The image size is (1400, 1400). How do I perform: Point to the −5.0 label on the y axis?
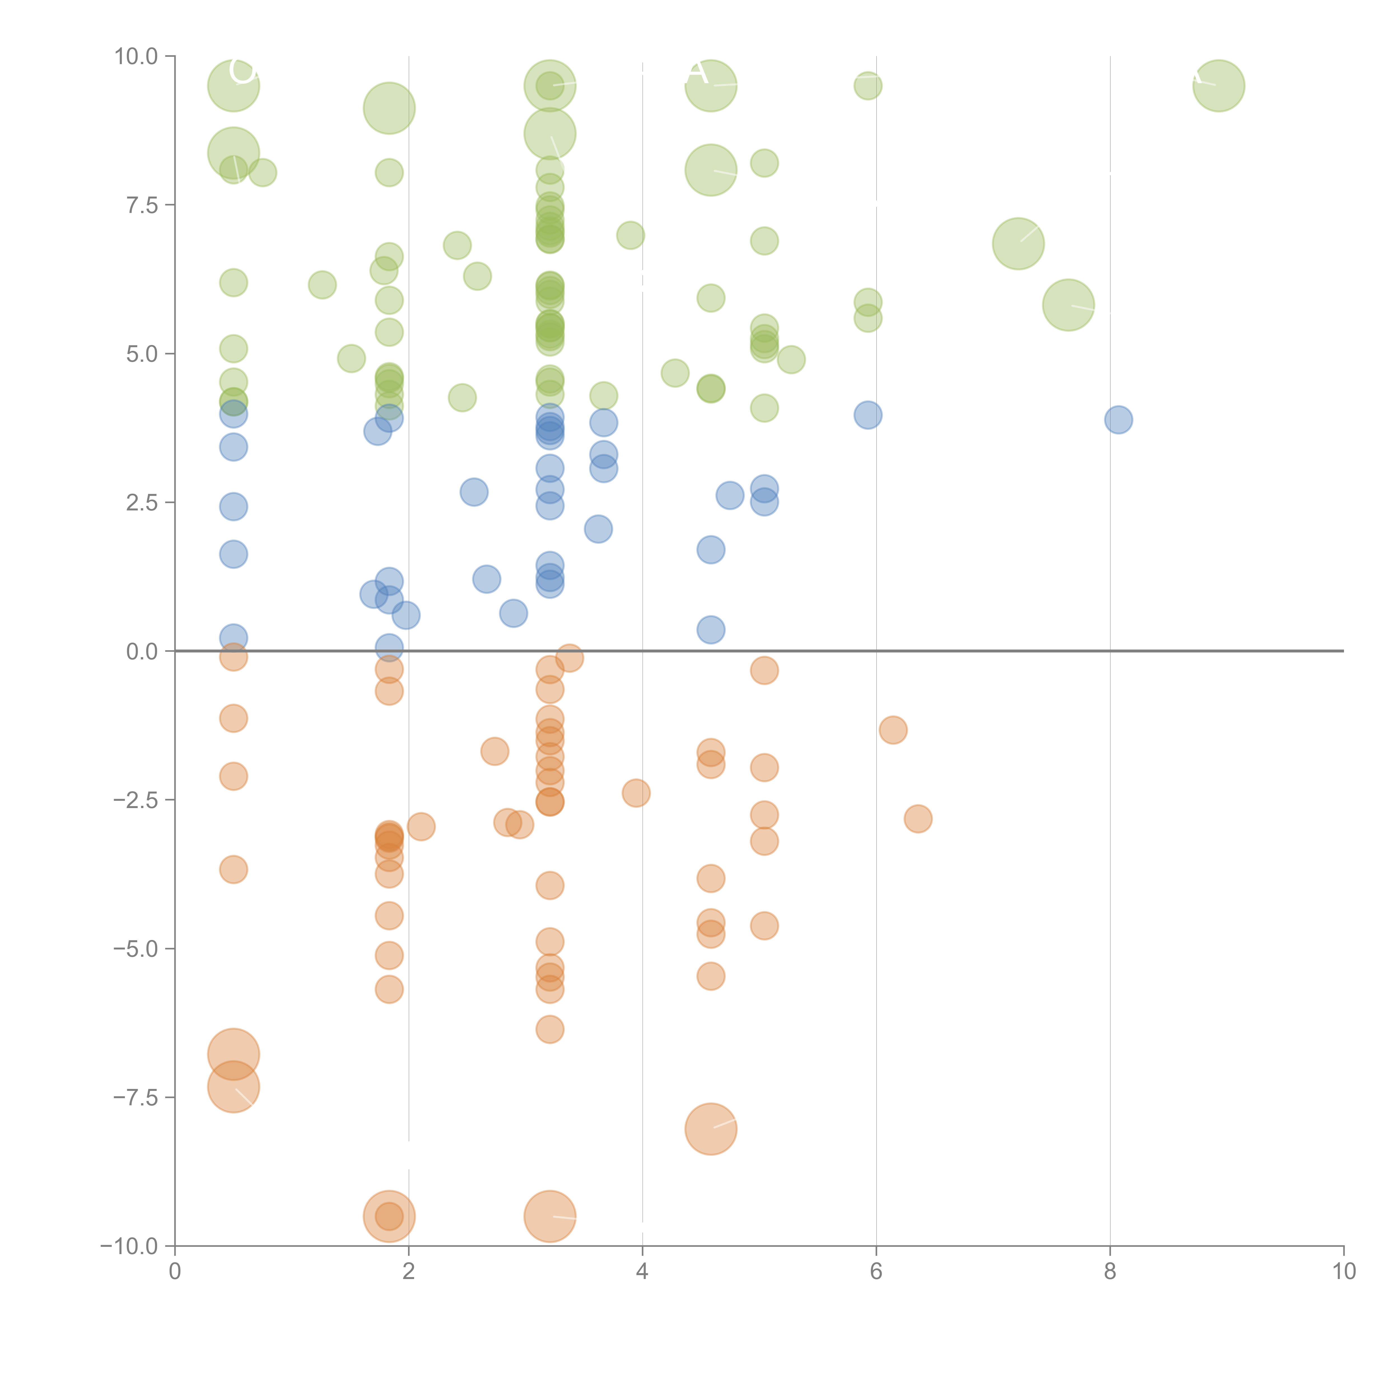(136, 949)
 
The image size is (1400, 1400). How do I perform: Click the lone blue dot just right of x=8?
(1118, 419)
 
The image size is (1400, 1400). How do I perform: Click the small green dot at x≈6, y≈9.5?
(867, 85)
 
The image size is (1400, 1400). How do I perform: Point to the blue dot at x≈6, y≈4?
(867, 415)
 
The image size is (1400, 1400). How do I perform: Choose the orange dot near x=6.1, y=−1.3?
(893, 730)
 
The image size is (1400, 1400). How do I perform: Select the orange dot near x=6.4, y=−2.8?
(917, 819)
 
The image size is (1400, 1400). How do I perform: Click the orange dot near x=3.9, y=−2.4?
(636, 793)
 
